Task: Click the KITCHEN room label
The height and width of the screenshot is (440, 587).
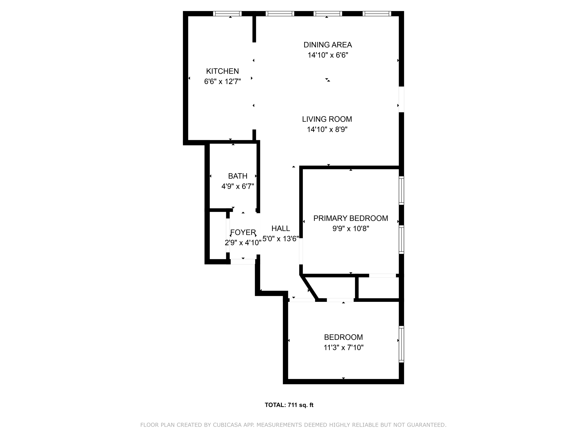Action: point(222,71)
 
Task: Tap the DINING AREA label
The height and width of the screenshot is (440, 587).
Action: point(328,45)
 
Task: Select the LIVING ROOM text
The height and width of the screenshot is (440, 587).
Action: point(327,119)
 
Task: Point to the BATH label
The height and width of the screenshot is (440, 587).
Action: point(238,176)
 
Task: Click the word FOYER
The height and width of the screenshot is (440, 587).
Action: point(243,232)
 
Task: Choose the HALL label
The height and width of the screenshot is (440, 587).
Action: point(280,228)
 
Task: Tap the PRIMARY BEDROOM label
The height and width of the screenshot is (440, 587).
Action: point(351,218)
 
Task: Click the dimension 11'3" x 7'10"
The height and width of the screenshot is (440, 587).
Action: point(343,347)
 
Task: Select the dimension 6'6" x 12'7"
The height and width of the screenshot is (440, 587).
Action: point(222,81)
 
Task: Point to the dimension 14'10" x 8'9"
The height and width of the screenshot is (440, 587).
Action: point(327,129)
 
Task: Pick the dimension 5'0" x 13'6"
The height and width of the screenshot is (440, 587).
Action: point(280,239)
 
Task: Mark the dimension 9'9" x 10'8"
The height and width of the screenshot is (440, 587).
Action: point(351,229)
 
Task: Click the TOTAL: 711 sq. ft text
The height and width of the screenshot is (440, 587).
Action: point(289,405)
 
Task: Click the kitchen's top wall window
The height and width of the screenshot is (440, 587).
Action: point(227,14)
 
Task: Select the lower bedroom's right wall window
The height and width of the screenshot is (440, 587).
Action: point(401,344)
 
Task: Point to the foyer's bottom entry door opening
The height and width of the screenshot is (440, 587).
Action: point(243,262)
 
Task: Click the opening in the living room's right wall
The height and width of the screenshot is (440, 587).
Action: point(401,99)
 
